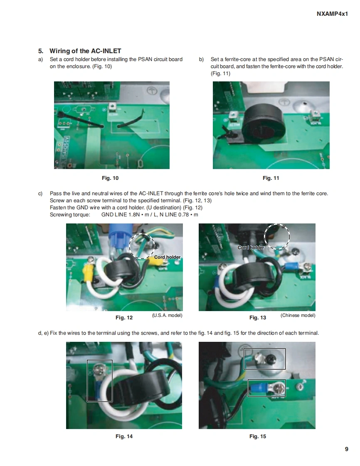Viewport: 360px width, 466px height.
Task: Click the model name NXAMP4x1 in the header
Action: (332, 14)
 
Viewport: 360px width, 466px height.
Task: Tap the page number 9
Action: (346, 449)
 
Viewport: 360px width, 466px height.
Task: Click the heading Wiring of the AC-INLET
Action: (85, 51)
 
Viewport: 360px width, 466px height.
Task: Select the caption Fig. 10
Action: (110, 178)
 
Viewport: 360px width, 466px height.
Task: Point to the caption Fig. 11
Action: (271, 178)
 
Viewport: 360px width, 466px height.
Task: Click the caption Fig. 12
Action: (124, 317)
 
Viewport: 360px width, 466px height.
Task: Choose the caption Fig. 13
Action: (258, 317)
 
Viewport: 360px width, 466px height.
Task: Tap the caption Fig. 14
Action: (124, 436)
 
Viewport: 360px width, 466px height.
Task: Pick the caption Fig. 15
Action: (258, 436)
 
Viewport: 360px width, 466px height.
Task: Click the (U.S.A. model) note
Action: (167, 315)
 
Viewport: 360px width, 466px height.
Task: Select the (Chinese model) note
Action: (298, 315)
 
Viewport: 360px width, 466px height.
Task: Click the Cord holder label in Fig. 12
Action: (167, 257)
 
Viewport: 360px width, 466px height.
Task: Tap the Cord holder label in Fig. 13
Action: (251, 248)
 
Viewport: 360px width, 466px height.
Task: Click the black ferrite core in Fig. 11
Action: (263, 125)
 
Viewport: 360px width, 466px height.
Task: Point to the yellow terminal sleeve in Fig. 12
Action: (87, 272)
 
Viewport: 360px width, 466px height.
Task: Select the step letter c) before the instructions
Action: (40, 194)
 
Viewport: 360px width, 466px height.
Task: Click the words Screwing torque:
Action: (70, 215)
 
